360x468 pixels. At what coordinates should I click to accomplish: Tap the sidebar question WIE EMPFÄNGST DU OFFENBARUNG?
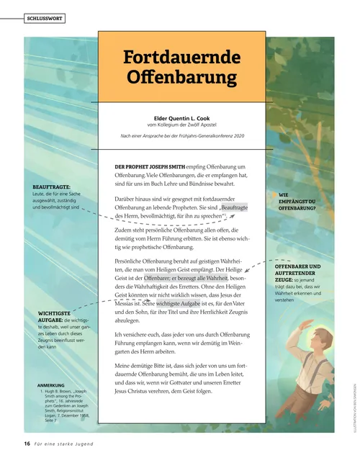pyautogui.click(x=297, y=201)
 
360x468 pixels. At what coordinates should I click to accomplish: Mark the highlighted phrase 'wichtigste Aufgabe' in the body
pyautogui.click(x=178, y=305)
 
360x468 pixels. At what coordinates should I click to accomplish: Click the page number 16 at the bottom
pyautogui.click(x=27, y=443)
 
